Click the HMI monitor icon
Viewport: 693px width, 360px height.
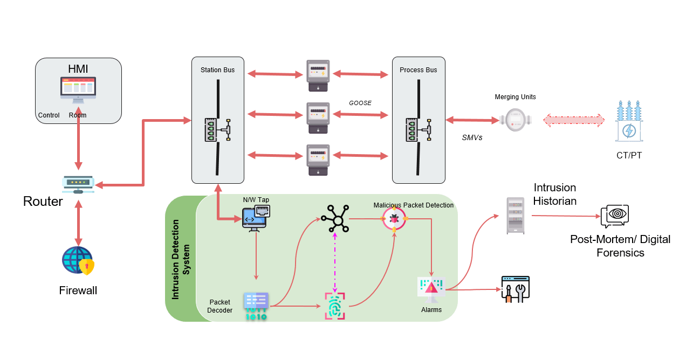(x=78, y=89)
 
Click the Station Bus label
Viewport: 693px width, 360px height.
(x=217, y=70)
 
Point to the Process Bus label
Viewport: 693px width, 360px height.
(x=418, y=70)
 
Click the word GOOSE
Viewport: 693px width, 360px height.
(x=360, y=103)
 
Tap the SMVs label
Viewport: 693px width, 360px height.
(x=472, y=138)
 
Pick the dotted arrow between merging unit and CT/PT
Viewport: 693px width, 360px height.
(x=574, y=120)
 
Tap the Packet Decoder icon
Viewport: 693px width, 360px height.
(x=256, y=306)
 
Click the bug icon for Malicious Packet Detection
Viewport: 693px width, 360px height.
(x=394, y=218)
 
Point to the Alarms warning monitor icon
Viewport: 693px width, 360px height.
(x=431, y=288)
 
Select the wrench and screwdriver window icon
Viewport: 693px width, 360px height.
(x=515, y=289)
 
